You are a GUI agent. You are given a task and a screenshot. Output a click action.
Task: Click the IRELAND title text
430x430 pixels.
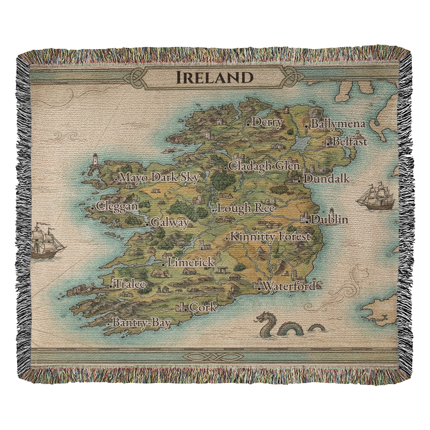click(x=214, y=77)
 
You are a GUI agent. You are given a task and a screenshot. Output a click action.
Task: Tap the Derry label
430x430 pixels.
click(x=267, y=123)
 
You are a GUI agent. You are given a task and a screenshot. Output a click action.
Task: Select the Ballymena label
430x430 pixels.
click(x=338, y=124)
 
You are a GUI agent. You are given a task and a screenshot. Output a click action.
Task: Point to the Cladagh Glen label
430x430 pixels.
click(x=264, y=166)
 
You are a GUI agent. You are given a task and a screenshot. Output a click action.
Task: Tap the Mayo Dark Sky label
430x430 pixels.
click(x=159, y=178)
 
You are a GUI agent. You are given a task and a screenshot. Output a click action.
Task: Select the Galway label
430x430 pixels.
click(x=170, y=223)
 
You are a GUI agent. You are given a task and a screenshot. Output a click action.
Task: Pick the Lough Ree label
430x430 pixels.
click(x=246, y=209)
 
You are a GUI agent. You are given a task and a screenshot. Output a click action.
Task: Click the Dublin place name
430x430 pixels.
click(x=329, y=219)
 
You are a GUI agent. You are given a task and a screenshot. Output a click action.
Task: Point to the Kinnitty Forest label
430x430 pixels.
click(x=270, y=236)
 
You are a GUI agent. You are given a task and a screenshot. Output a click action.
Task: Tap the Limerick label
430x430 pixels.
click(x=190, y=262)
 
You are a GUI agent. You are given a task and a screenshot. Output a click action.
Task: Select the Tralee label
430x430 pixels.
click(x=129, y=284)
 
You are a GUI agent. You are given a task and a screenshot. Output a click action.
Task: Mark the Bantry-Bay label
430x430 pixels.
click(x=141, y=323)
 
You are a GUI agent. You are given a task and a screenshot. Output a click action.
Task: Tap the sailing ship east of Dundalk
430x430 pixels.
click(x=376, y=197)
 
